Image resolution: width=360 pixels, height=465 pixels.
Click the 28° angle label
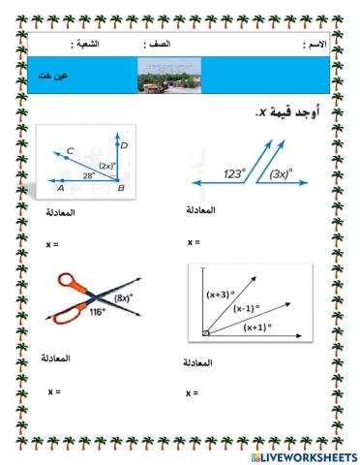click(90, 175)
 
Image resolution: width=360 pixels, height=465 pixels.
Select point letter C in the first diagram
click(70, 151)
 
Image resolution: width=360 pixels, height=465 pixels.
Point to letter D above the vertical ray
click(126, 144)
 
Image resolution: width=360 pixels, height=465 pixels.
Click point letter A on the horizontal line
click(60, 189)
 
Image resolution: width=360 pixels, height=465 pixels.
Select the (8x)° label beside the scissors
click(125, 299)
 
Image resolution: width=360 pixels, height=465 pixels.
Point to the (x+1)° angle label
click(260, 326)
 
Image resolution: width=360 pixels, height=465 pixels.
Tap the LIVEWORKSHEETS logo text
click(303, 455)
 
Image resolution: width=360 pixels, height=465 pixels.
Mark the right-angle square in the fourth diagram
click(206, 334)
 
